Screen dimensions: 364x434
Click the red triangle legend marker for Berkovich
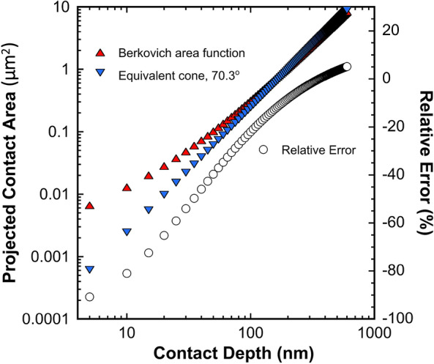[x=101, y=53]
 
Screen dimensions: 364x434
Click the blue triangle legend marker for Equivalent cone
[x=101, y=74]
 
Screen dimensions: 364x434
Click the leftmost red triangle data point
[x=89, y=206]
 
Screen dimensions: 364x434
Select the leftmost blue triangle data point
[x=89, y=270]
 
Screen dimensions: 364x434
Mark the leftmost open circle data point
[x=89, y=297]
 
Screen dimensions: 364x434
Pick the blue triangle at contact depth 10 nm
[x=127, y=232]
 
